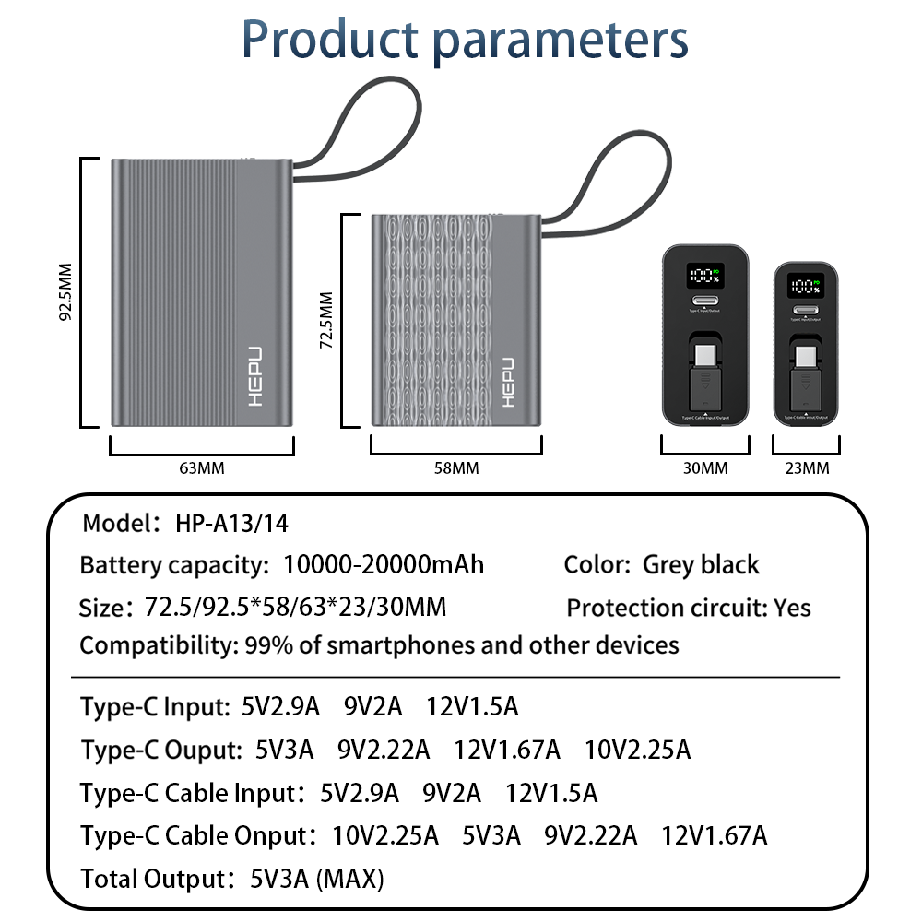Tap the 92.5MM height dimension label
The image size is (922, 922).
pos(65,292)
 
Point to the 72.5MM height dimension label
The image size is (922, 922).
pos(325,321)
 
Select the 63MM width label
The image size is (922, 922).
pos(202,468)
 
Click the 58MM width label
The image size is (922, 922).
pos(456,468)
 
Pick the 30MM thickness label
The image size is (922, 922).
pos(705,468)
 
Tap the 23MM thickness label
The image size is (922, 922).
pos(807,468)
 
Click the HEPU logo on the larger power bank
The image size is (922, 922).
pos(254,376)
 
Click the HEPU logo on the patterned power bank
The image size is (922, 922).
pos(512,380)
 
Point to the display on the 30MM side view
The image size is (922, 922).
pos(704,276)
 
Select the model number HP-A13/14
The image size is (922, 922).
pos(231,524)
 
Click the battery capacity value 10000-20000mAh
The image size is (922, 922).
pos(384,564)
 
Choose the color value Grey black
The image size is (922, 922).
pos(701,564)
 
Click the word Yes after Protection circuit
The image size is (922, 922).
pos(793,608)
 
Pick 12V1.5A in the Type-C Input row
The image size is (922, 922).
pos(472,707)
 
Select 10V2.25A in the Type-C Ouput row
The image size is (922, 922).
pos(637,750)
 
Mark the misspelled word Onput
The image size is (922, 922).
pos(272,835)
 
